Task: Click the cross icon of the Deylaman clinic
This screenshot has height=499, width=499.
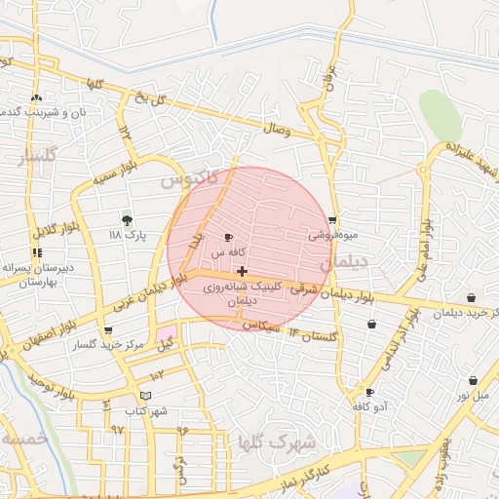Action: pyautogui.click(x=242, y=270)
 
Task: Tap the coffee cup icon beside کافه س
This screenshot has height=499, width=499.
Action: pyautogui.click(x=229, y=237)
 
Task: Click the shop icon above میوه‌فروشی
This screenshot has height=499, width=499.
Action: pyautogui.click(x=333, y=219)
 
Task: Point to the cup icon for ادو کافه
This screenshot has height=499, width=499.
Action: pyautogui.click(x=369, y=392)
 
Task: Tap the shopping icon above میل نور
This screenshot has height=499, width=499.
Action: pyautogui.click(x=473, y=381)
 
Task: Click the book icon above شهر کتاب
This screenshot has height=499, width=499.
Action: pyautogui.click(x=146, y=396)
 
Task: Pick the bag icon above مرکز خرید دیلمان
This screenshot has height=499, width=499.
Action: pyautogui.click(x=472, y=298)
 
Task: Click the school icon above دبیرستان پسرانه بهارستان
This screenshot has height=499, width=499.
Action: pyautogui.click(x=37, y=252)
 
